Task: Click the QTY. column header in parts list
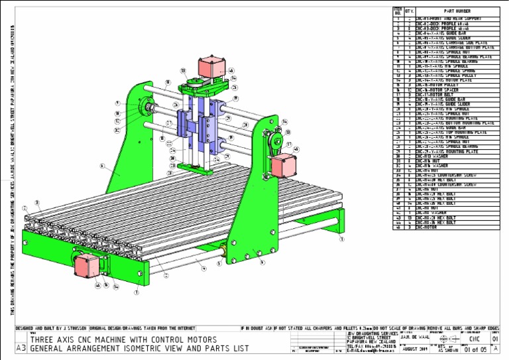(x=410, y=11)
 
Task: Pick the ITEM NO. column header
(x=398, y=11)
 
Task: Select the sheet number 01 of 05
(x=471, y=349)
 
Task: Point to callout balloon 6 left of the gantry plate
(x=102, y=166)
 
